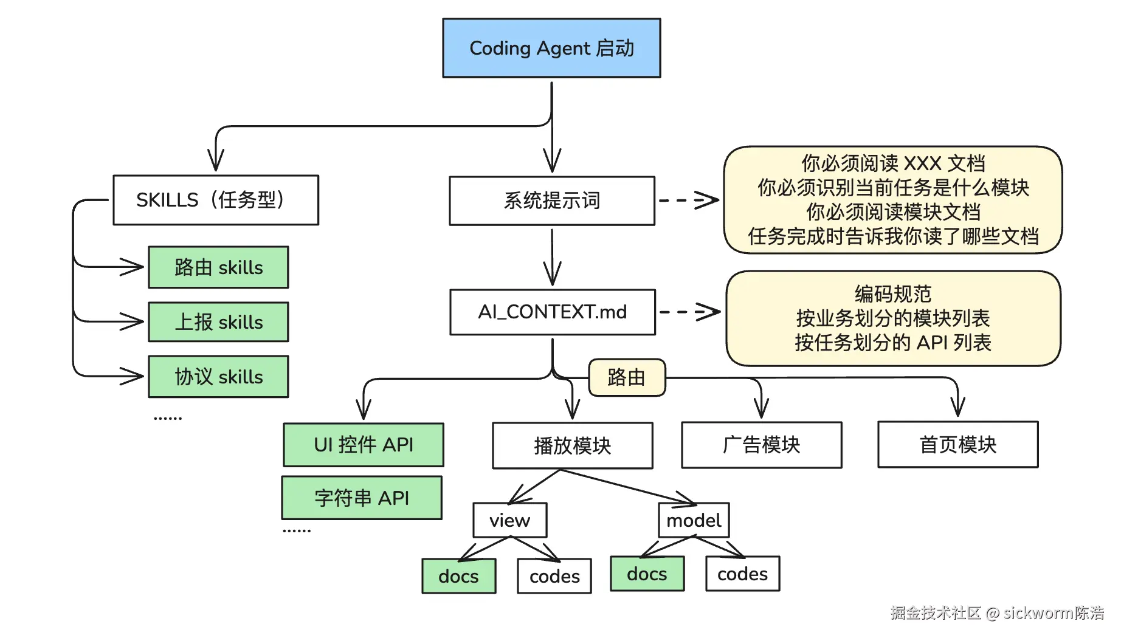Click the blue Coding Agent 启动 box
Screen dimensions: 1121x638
click(x=551, y=48)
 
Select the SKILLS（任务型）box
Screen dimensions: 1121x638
click(x=216, y=200)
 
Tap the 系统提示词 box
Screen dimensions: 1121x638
click(x=552, y=201)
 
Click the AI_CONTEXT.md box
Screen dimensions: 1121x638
click(x=553, y=312)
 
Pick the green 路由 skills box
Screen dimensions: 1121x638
click(x=219, y=267)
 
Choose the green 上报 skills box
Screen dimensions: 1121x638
click(x=219, y=322)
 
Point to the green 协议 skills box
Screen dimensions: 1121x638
click(x=219, y=377)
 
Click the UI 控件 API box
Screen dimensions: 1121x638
click(x=364, y=445)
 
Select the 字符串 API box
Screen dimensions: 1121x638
click(x=362, y=498)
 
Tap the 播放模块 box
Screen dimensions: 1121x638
click(x=573, y=445)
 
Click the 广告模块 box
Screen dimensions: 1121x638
click(x=762, y=445)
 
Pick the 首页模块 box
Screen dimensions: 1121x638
click(x=958, y=444)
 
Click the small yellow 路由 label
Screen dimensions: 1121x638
click(x=627, y=377)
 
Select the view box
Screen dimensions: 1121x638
click(x=510, y=520)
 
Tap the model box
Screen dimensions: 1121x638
click(x=694, y=520)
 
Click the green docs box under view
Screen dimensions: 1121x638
click(x=459, y=576)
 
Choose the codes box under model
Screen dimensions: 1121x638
click(x=743, y=574)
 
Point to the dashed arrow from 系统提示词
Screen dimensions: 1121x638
click(x=689, y=200)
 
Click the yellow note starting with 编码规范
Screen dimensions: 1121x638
click(x=893, y=318)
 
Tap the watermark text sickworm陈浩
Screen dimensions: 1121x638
click(x=1054, y=612)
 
